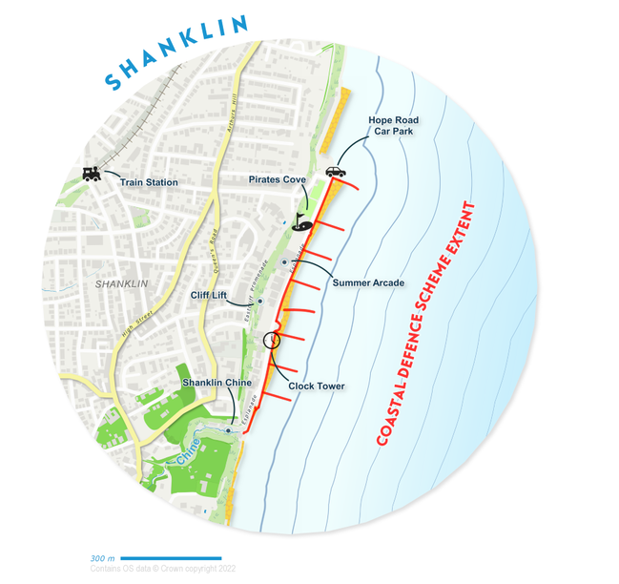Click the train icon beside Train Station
(x=93, y=175)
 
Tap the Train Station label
(x=148, y=182)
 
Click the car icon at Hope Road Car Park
(x=336, y=172)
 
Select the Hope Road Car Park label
(x=394, y=127)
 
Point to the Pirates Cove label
(x=277, y=179)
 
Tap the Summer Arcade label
(x=368, y=282)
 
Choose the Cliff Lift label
(x=209, y=296)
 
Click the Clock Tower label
(x=317, y=386)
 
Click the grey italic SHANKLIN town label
(x=122, y=284)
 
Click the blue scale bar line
(x=172, y=558)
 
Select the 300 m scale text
(x=102, y=558)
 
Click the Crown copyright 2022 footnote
(x=162, y=569)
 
